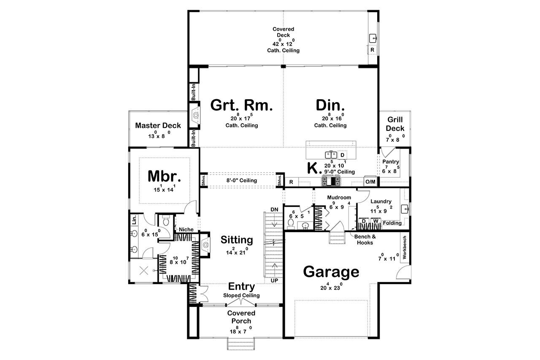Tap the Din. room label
(x=330, y=105)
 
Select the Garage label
(x=331, y=272)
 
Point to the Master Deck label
(x=158, y=125)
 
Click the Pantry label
(x=391, y=162)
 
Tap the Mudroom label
(x=339, y=197)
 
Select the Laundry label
(x=381, y=201)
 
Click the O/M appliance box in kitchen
(x=370, y=181)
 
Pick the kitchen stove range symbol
(x=331, y=181)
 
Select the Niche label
(x=186, y=230)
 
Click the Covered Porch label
(x=241, y=317)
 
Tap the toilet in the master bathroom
(x=166, y=221)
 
